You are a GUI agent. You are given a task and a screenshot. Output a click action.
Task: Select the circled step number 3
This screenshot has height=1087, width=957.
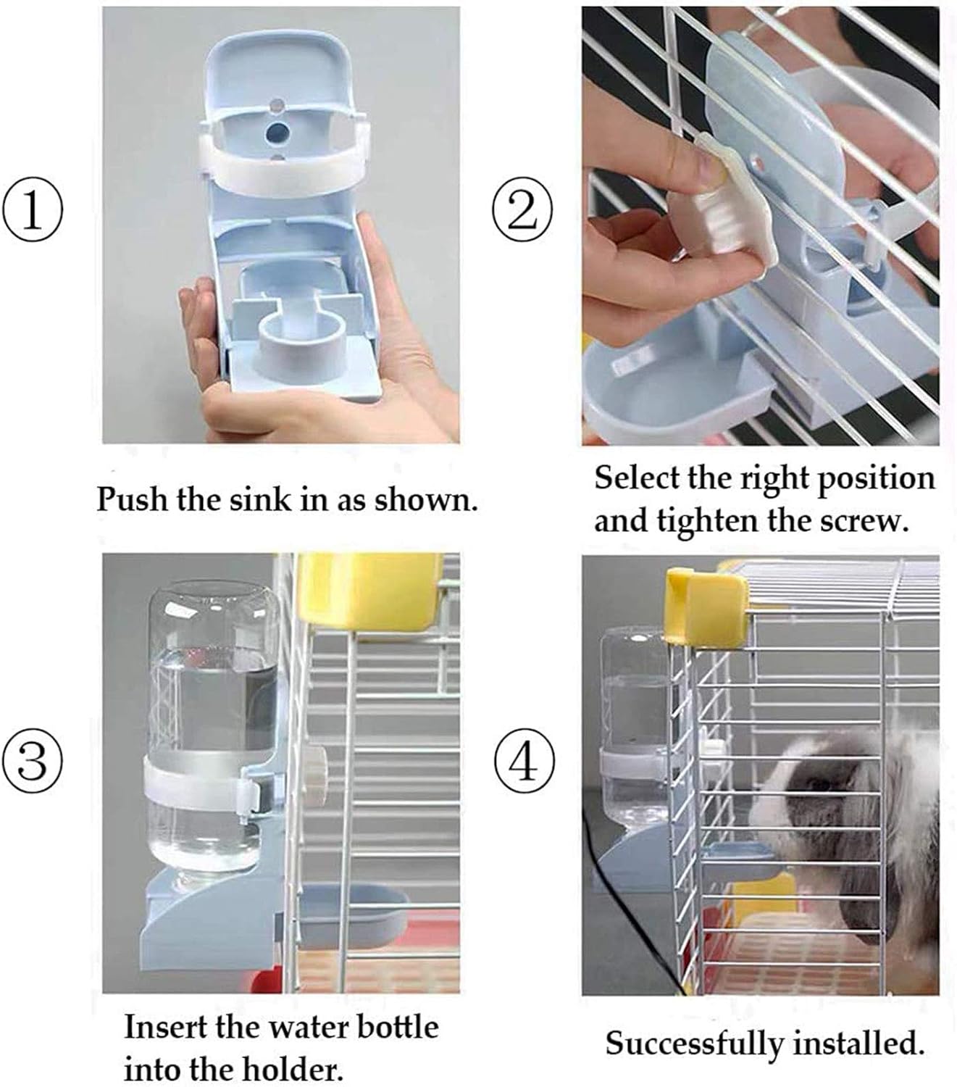(x=33, y=762)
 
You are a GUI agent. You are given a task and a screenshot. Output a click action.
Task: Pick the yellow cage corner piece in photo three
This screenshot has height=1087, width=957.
(x=369, y=587)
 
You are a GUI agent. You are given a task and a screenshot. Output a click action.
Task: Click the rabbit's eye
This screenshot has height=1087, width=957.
(x=819, y=784)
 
